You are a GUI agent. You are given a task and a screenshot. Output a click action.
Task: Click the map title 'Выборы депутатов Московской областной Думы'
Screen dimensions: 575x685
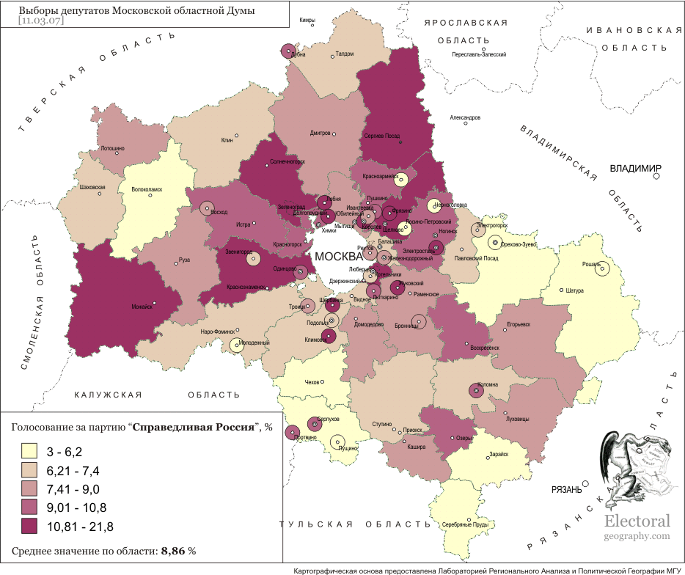pos(136,11)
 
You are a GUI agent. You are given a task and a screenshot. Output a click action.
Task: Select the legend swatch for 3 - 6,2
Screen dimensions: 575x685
pos(30,450)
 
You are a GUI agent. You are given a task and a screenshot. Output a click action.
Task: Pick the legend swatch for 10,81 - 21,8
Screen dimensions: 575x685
pos(30,526)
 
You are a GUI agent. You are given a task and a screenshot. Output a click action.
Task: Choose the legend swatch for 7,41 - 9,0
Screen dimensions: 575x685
pos(30,488)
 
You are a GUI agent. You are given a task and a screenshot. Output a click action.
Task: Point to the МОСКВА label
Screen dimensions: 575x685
pos(339,257)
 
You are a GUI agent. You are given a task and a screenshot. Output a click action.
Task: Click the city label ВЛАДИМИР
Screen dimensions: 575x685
pos(635,169)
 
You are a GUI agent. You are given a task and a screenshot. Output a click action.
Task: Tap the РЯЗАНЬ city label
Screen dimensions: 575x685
pos(566,490)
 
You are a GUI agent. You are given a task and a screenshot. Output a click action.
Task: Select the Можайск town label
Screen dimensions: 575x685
pos(142,307)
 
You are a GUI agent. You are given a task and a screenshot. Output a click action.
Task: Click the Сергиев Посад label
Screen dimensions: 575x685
pos(382,136)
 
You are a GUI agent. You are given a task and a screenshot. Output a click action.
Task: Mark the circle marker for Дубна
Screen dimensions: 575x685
pos(288,51)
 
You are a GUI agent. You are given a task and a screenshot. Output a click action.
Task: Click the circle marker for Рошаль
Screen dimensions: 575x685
pos(602,269)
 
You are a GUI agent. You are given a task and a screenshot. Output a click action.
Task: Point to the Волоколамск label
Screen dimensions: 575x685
pos(146,189)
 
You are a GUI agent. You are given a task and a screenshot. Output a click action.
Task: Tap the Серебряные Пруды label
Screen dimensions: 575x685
pos(466,524)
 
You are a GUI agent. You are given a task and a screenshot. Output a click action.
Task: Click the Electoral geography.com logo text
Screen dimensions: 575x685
pos(637,527)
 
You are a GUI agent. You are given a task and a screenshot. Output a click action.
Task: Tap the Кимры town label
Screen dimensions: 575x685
pos(307,20)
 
